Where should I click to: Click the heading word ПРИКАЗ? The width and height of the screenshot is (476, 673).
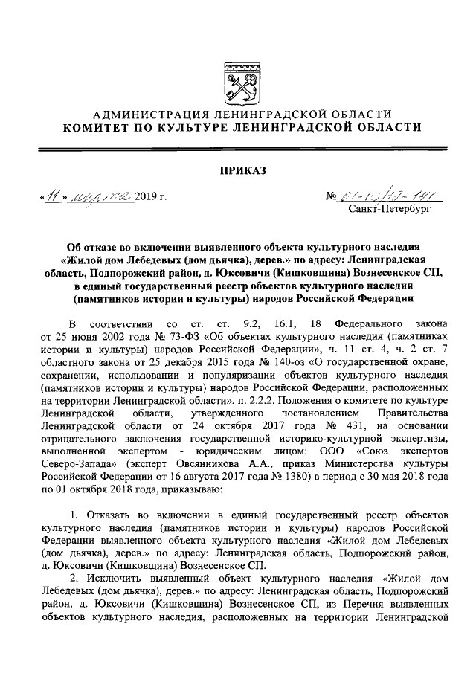tap(238, 170)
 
